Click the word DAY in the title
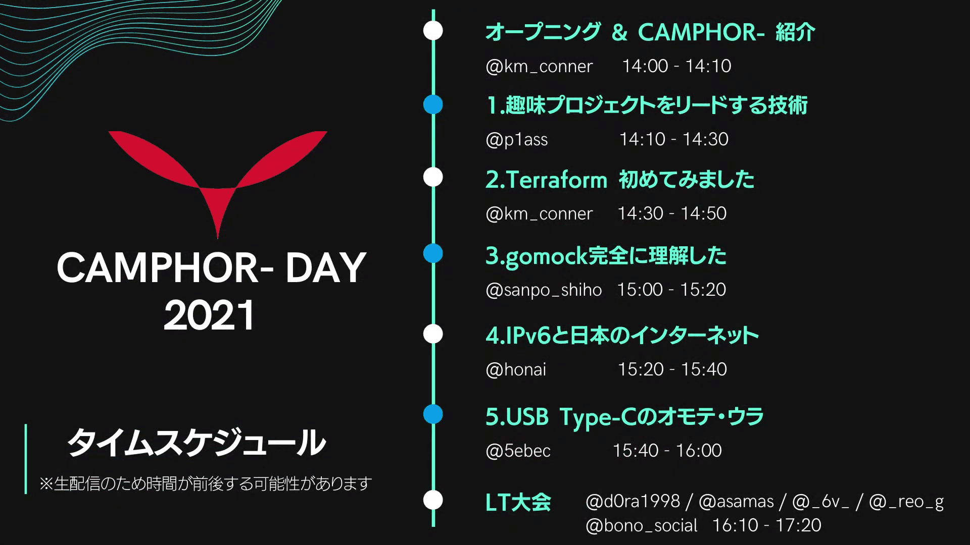325,268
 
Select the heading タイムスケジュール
197,443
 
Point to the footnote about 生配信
206,484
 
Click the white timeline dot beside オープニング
433,30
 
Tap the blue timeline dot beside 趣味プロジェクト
433,105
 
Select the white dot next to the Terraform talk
433,178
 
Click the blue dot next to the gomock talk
433,253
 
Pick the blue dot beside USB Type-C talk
433,414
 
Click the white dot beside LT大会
433,500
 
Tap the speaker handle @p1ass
516,140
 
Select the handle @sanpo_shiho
544,290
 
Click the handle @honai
516,370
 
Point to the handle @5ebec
518,451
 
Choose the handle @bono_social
642,526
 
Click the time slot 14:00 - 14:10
676,66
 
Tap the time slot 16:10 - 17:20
767,525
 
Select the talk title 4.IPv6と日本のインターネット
622,336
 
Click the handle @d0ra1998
633,502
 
